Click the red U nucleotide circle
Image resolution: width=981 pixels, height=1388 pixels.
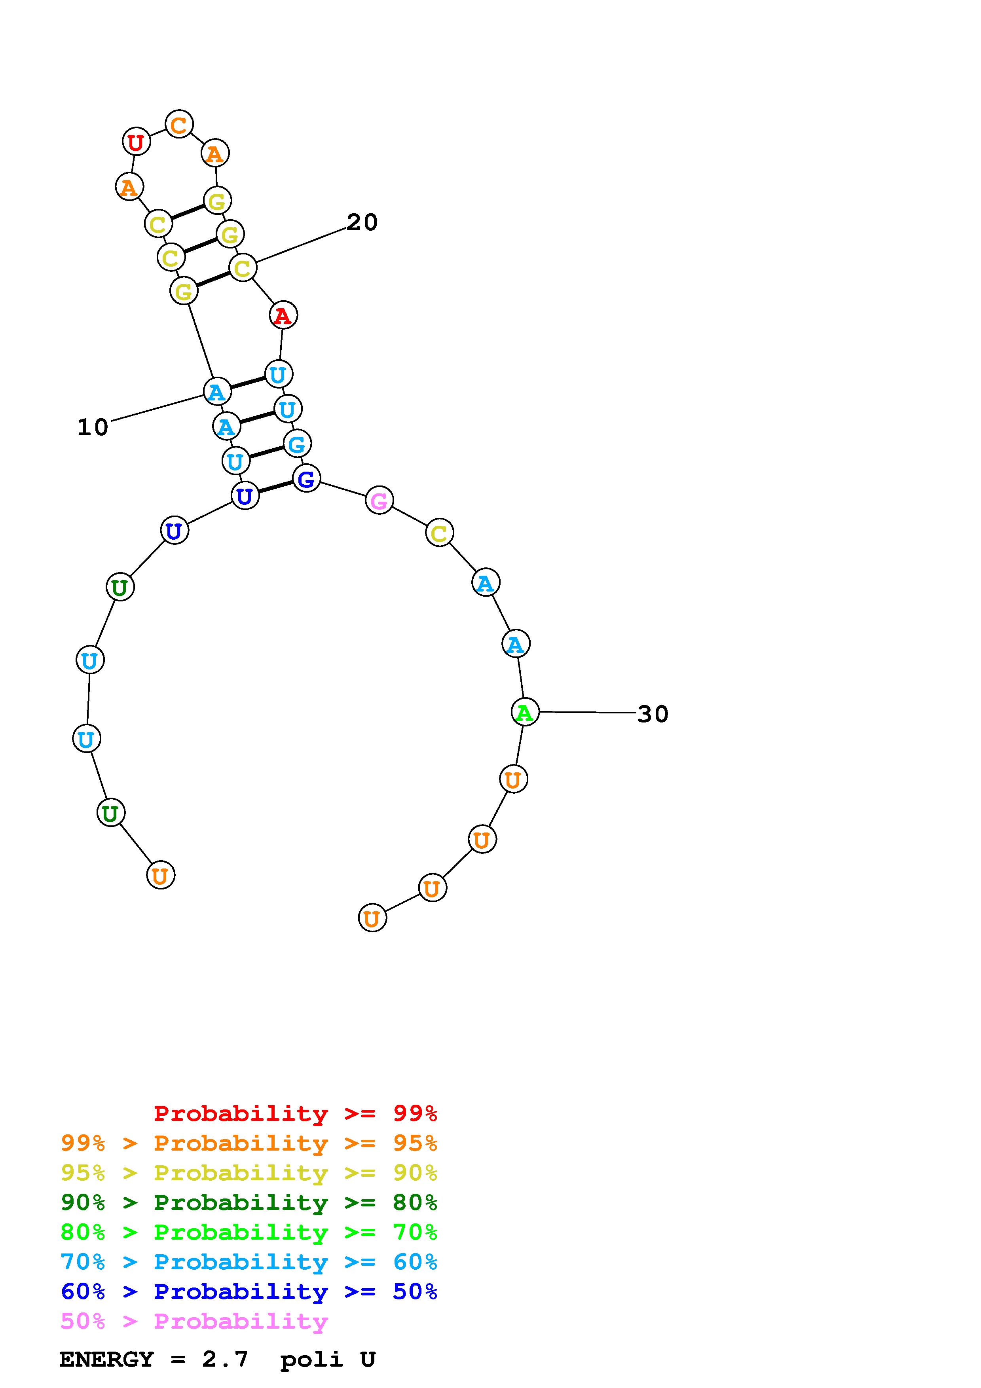tap(136, 142)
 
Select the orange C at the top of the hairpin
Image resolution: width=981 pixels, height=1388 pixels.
tap(179, 125)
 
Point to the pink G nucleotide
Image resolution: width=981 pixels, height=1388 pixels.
tap(379, 500)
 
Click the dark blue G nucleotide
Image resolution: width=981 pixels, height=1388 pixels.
tap(306, 478)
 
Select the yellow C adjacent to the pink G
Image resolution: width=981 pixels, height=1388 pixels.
tap(439, 533)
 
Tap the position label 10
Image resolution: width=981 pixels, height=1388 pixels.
tap(93, 427)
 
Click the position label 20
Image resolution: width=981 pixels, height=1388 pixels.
tap(362, 222)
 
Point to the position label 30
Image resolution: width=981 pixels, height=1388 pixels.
tap(653, 714)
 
